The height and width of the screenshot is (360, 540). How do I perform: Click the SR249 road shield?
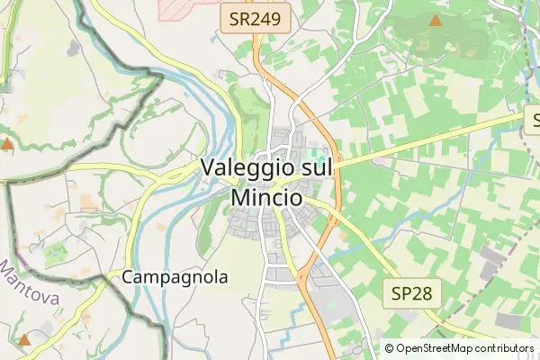pyautogui.click(x=256, y=18)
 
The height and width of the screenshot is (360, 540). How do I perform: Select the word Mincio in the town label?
pyautogui.click(x=265, y=195)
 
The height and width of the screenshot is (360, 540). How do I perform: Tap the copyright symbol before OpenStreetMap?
pyautogui.click(x=389, y=348)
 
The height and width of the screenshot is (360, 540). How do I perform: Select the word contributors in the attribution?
pyautogui.click(x=505, y=348)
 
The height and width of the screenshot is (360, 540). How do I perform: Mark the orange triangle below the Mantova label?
pyautogui.click(x=24, y=340)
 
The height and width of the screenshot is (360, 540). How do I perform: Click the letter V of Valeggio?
pyautogui.click(x=207, y=168)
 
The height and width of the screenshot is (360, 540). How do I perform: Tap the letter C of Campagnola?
pyautogui.click(x=127, y=278)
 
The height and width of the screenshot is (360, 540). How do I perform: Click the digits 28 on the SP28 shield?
pyautogui.click(x=426, y=292)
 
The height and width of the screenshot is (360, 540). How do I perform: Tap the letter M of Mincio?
pyautogui.click(x=239, y=195)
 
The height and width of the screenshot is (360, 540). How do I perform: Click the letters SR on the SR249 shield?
pyautogui.click(x=240, y=18)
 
